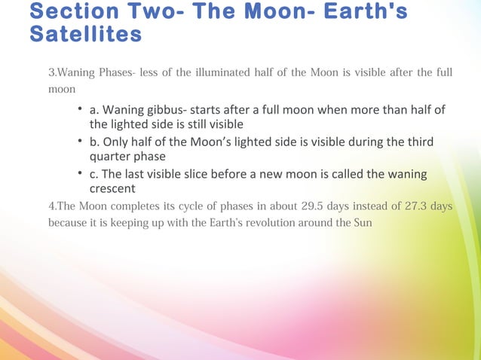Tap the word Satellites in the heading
point(85,35)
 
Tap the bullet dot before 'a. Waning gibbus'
point(80,111)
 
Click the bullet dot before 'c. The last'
point(80,175)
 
